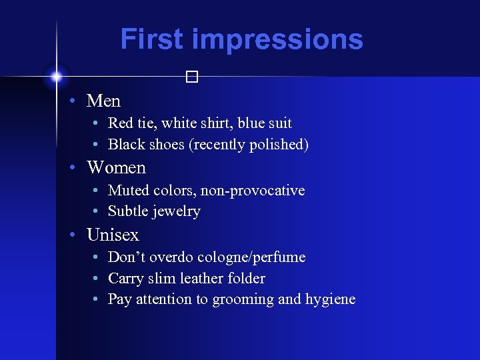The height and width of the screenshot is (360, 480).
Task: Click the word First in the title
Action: tap(152, 39)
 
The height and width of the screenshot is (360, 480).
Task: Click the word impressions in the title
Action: tap(277, 40)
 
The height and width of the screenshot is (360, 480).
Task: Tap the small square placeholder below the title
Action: tap(192, 77)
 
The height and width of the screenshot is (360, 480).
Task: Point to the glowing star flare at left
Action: tap(57, 77)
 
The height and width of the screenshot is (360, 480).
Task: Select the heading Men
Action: tap(103, 101)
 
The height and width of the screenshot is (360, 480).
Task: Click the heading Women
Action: tap(116, 167)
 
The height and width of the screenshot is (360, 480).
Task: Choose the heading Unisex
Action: tap(113, 235)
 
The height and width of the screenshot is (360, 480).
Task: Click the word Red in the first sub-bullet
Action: tap(121, 123)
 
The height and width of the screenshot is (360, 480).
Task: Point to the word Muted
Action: tap(129, 191)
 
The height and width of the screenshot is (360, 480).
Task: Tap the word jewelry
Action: tap(175, 211)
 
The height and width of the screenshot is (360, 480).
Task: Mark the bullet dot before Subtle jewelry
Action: tap(97, 211)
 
